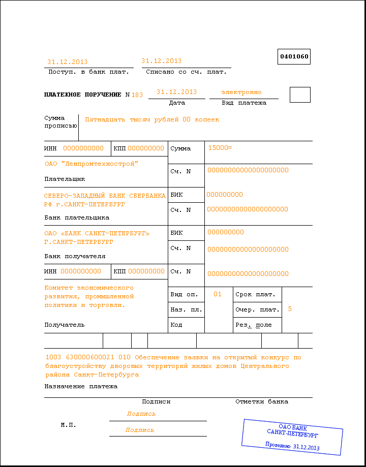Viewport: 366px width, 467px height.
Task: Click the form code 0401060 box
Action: [x=294, y=57]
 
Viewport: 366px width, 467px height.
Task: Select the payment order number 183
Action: [x=137, y=95]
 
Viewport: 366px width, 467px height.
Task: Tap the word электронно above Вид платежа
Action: [x=241, y=92]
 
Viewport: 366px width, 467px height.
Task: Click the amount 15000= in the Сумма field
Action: [x=220, y=147]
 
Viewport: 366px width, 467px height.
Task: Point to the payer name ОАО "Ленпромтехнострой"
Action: [x=91, y=164]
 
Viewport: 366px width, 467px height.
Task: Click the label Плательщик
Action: [x=65, y=179]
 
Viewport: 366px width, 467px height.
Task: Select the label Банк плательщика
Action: [x=77, y=217]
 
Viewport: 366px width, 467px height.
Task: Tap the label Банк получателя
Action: [x=75, y=256]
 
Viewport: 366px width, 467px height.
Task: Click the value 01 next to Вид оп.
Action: [x=218, y=294]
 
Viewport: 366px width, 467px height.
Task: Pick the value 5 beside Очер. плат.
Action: [x=290, y=309]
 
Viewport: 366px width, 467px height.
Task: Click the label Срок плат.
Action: [x=255, y=295]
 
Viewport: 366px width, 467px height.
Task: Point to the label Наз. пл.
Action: [x=187, y=309]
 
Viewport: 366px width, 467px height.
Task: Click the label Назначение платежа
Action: [x=81, y=386]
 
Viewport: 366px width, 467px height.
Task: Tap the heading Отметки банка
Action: [x=262, y=401]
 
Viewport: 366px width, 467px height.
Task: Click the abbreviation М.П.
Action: [x=69, y=424]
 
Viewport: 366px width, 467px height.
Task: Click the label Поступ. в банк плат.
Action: [x=88, y=72]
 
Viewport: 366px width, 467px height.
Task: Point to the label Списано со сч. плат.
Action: [x=186, y=72]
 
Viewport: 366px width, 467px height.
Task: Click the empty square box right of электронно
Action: [x=300, y=95]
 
